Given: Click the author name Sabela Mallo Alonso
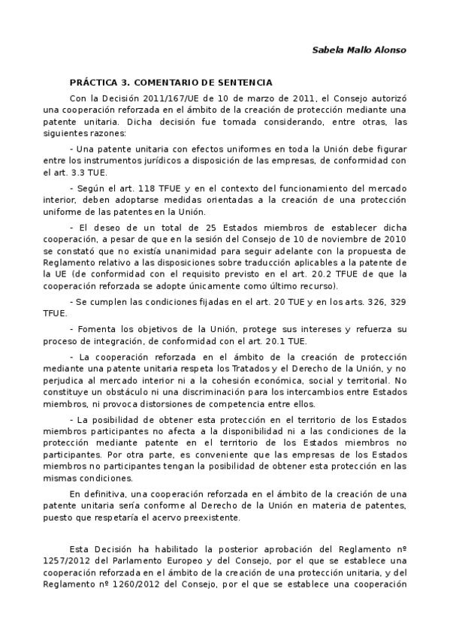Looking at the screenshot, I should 359,50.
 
